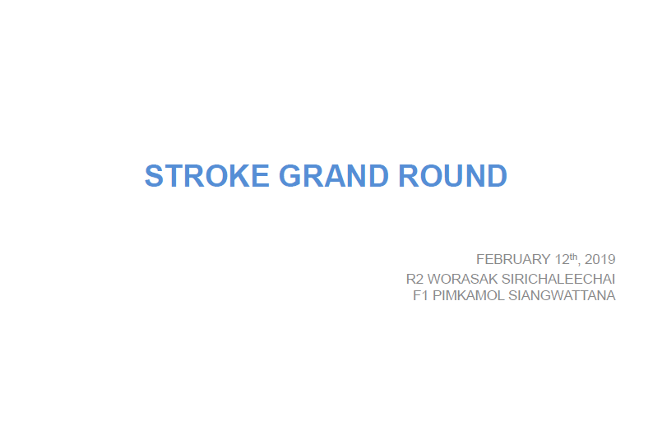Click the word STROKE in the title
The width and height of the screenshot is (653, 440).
tap(207, 176)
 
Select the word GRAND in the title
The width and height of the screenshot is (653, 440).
tap(334, 176)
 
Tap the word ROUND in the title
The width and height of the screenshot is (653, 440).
tap(452, 176)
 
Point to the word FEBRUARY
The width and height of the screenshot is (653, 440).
tap(513, 259)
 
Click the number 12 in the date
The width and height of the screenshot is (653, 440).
tap(563, 259)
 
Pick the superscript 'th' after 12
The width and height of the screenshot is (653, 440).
tap(573, 257)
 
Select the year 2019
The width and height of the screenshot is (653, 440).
tap(600, 259)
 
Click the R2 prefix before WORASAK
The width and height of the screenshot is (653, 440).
tap(414, 279)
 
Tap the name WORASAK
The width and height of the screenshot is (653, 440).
tap(463, 279)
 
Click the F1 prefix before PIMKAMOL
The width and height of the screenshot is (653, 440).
tap(420, 295)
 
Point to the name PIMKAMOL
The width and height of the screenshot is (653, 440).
tap(469, 295)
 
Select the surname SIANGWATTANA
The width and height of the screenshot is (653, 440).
tap(562, 295)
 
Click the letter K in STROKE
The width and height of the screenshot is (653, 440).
tap(239, 176)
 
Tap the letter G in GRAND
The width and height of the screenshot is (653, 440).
tap(289, 176)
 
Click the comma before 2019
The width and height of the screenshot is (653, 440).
tap(579, 264)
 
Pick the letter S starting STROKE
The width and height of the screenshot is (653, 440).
tap(154, 176)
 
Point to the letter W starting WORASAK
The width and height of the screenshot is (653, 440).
tap(435, 279)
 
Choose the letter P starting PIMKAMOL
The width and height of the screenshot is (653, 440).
tap(438, 295)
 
